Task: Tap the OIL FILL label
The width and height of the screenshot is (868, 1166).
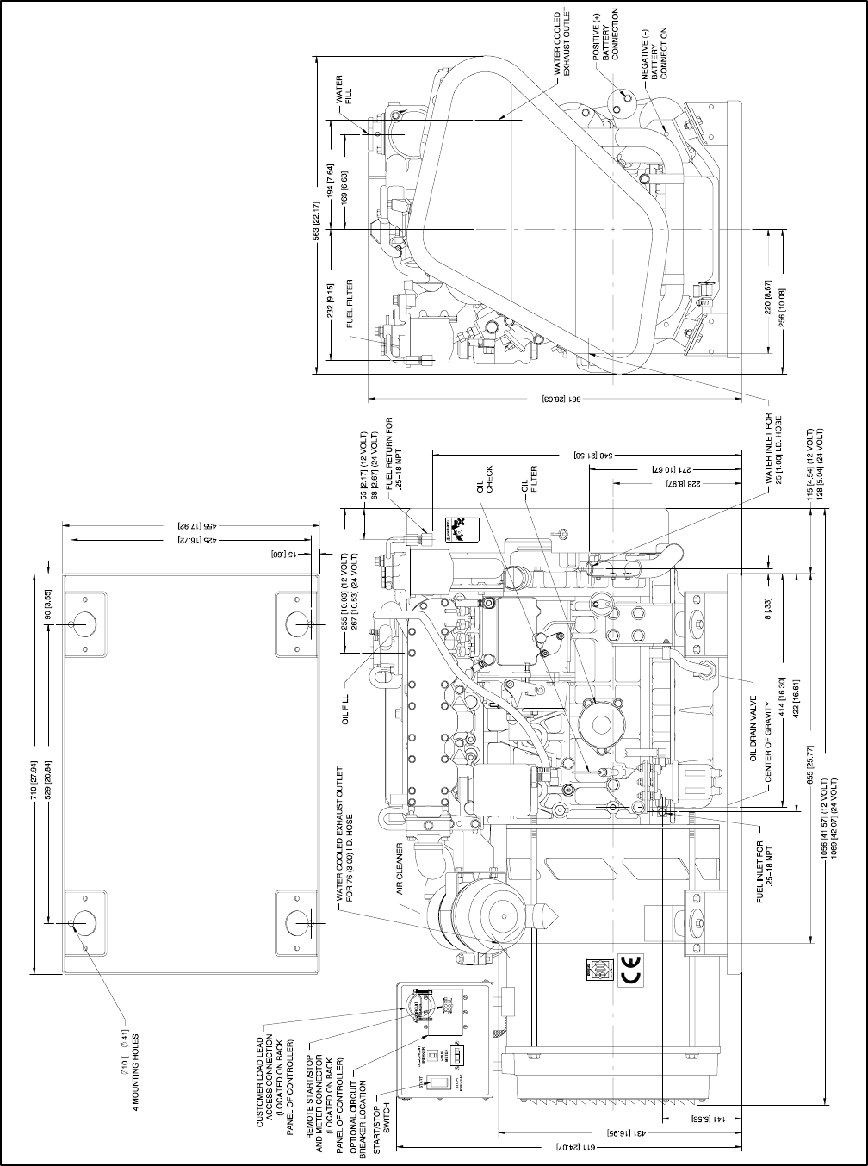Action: tap(347, 705)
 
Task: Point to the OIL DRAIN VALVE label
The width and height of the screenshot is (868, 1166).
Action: tap(752, 729)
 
